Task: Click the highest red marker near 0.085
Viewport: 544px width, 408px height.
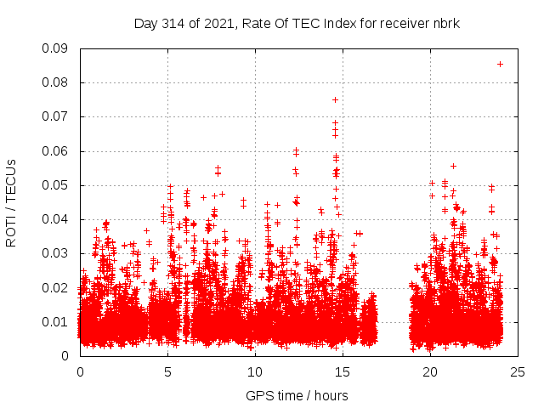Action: click(500, 64)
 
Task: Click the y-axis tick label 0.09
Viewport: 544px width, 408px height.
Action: click(57, 48)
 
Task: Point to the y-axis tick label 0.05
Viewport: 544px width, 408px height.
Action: click(57, 185)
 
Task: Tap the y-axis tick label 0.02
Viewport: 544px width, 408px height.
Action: click(57, 287)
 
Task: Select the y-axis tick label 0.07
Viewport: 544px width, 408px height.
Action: click(57, 116)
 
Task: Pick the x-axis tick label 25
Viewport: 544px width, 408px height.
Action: click(518, 371)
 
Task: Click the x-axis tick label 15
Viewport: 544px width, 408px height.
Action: click(343, 371)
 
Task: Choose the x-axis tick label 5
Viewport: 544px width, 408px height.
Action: click(167, 371)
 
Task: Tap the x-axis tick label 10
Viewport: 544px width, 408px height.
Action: click(255, 371)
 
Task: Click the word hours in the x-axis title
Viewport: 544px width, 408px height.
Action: click(330, 395)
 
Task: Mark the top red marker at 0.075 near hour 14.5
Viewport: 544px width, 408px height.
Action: click(335, 99)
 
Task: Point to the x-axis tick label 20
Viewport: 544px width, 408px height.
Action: click(430, 371)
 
